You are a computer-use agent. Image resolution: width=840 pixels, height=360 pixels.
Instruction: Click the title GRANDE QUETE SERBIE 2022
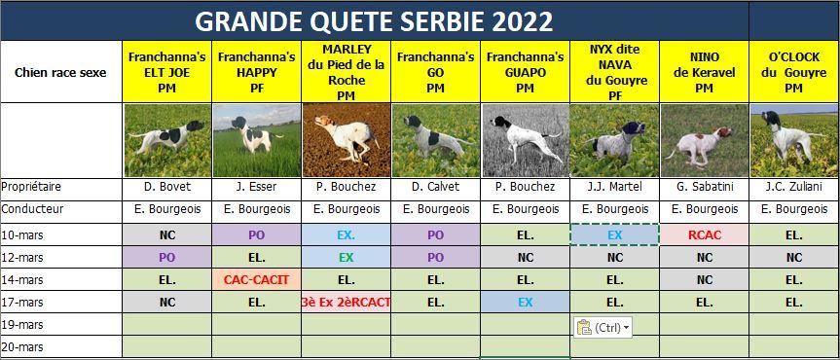[x=374, y=21]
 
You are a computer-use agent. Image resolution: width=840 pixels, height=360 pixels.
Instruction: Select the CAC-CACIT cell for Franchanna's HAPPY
[x=257, y=279]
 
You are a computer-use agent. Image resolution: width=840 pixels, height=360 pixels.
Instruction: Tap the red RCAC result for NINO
[x=705, y=234]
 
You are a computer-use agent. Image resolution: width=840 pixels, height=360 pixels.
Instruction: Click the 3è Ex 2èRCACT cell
[x=347, y=303]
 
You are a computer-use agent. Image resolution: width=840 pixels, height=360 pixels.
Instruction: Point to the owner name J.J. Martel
[x=614, y=187]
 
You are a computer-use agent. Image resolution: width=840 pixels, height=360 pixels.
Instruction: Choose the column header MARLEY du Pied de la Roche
[x=347, y=72]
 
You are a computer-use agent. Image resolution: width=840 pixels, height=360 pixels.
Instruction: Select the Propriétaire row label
[x=31, y=187]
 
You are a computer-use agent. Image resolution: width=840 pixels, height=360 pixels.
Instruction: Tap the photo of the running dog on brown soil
[x=347, y=140]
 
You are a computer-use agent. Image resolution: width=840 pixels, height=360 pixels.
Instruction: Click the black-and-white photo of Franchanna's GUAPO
[x=525, y=140]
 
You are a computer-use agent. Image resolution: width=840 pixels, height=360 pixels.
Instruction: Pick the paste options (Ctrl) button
[x=603, y=327]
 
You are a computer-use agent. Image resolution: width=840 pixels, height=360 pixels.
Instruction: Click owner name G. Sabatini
[x=704, y=187]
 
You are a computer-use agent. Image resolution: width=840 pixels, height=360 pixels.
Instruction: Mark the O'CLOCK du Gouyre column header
[x=793, y=72]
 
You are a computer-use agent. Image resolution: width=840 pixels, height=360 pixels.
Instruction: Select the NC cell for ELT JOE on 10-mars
[x=167, y=234]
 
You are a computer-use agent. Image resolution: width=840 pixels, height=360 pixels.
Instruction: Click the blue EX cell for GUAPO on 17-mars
[x=525, y=303]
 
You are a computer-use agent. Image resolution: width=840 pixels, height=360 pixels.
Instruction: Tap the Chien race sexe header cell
[x=61, y=72]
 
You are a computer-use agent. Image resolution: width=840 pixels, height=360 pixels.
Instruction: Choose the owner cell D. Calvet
[x=435, y=187]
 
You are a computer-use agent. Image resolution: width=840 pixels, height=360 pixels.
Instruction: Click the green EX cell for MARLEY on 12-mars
[x=347, y=257]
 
